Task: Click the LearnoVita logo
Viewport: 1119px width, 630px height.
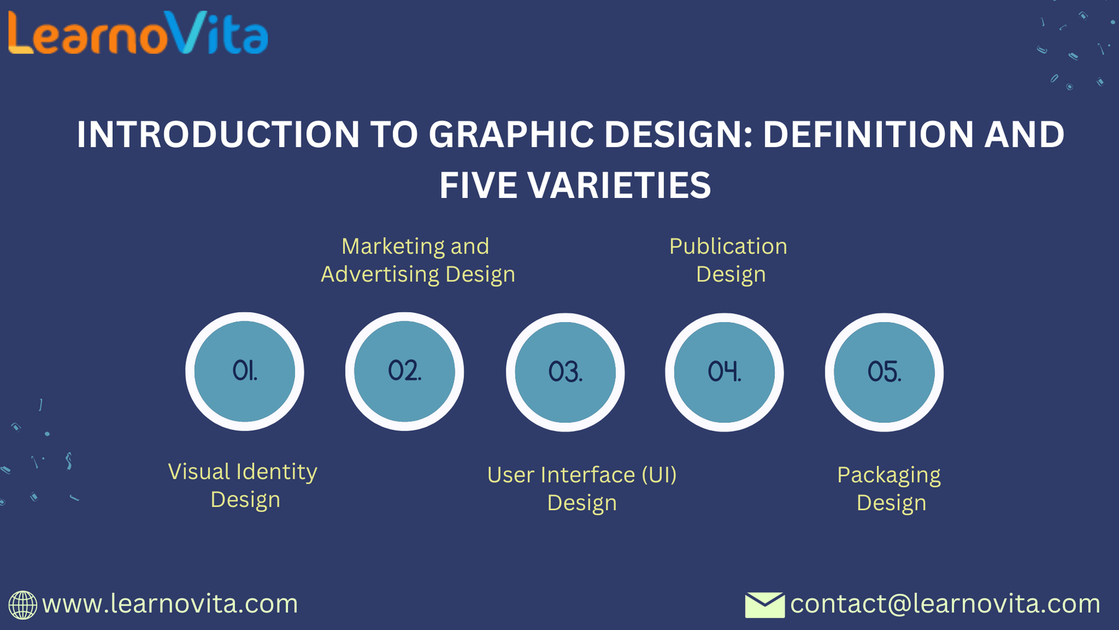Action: coord(138,33)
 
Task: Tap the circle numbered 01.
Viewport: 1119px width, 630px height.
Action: coord(245,372)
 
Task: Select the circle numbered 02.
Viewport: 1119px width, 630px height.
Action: coord(405,372)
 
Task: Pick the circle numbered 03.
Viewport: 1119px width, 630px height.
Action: coord(565,372)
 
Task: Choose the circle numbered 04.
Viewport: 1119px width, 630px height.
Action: coord(725,372)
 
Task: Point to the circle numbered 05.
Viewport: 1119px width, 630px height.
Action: coord(884,372)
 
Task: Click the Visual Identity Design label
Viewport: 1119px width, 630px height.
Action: coord(243,486)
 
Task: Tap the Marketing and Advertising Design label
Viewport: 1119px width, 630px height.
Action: coord(418,260)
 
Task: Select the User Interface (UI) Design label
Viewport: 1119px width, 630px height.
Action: coord(582,489)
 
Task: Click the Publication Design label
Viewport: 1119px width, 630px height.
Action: coord(728,260)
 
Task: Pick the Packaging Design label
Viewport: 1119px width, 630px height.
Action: coord(889,489)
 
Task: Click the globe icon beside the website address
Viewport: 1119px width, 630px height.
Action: coord(22,605)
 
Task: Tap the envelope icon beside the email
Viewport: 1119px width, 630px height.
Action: coord(765,605)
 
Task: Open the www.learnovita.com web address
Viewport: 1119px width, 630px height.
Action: coord(170,604)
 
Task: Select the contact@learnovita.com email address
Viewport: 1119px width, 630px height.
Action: coord(945,604)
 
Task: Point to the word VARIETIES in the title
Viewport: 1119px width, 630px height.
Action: coord(619,185)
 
